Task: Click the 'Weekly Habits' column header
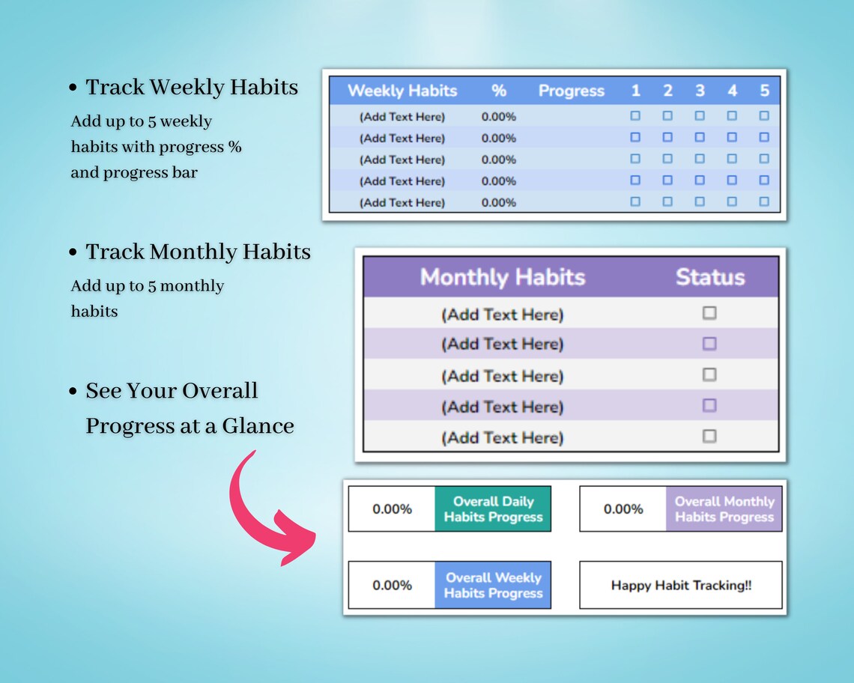click(402, 91)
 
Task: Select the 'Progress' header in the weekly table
click(571, 91)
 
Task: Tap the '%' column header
click(499, 91)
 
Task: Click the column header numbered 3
click(700, 91)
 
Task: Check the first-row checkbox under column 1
click(635, 116)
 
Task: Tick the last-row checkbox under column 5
click(764, 201)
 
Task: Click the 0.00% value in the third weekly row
click(499, 160)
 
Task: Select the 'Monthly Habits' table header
click(502, 277)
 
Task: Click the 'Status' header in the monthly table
click(709, 277)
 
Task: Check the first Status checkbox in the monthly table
click(709, 313)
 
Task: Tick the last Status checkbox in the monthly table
click(709, 436)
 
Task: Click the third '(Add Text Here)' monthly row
click(502, 376)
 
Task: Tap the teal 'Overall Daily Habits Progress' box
click(493, 509)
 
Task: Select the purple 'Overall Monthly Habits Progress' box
click(724, 509)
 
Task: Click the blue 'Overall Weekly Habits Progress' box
click(493, 585)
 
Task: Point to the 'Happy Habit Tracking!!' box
click(680, 585)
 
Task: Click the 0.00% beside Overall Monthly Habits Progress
click(623, 509)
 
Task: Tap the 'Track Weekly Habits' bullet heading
click(192, 88)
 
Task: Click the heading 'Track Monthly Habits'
click(198, 252)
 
